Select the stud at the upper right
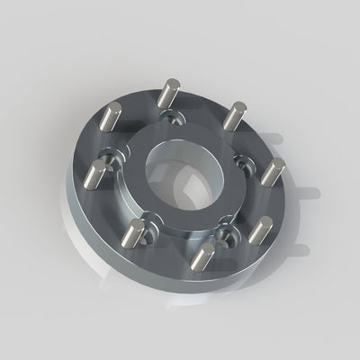pos(235,114)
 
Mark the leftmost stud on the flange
pos(94,173)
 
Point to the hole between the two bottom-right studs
pos(227,236)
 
